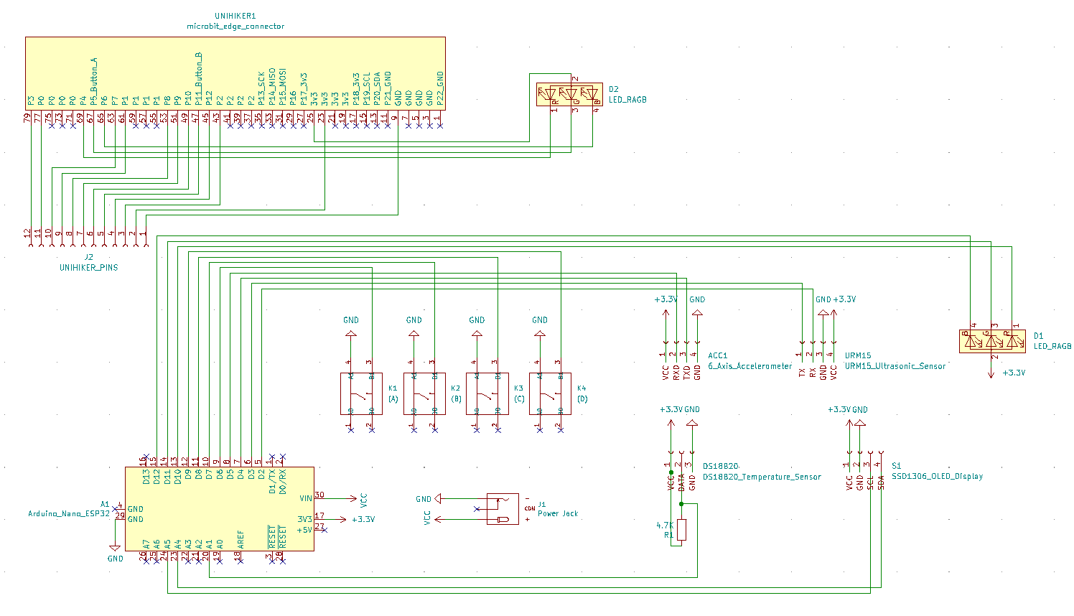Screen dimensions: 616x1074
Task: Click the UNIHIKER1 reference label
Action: (235, 16)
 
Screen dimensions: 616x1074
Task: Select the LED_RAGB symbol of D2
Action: (569, 94)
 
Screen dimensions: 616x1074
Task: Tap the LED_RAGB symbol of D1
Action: (991, 341)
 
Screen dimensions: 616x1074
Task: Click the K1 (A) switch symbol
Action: (361, 393)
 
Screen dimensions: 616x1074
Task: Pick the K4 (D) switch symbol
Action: (550, 393)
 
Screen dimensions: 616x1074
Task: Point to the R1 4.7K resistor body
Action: (681, 530)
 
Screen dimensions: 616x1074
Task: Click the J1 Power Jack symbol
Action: (503, 509)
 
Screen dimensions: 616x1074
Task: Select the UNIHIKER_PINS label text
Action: (88, 268)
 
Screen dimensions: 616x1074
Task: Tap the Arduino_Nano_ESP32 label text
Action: (69, 514)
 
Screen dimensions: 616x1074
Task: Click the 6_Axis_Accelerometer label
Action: (750, 366)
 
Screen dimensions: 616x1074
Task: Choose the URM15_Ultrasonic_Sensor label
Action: (895, 366)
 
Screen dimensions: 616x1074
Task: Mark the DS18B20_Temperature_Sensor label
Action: (761, 477)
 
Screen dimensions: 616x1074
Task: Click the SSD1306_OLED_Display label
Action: (937, 476)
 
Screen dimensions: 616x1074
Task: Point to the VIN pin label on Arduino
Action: (306, 498)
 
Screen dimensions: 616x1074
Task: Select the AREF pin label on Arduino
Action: (241, 539)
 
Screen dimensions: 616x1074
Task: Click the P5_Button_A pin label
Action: (93, 81)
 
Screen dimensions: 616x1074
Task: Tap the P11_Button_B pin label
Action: (198, 78)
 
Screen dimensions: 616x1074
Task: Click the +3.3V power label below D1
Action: (1013, 373)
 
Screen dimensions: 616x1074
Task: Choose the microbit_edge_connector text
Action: (235, 27)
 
